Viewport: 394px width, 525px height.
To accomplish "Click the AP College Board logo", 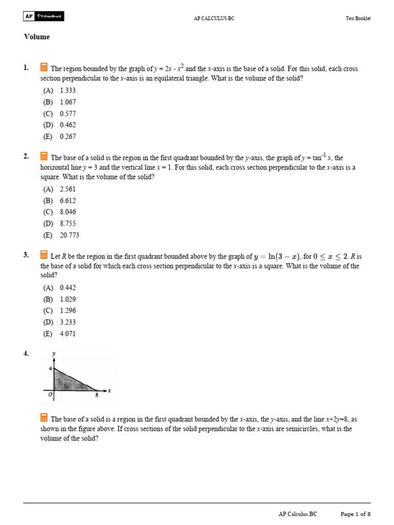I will tap(44, 16).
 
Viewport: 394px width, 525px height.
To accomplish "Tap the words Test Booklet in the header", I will tap(358, 18).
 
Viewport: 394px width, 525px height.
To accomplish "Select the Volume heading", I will tap(36, 37).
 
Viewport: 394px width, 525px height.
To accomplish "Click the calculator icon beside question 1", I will tap(44, 67).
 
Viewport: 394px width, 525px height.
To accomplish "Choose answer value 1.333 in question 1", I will tap(68, 90).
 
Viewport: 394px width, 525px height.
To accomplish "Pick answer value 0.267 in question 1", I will tap(68, 136).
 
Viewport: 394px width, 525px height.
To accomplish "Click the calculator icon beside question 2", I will tap(44, 156).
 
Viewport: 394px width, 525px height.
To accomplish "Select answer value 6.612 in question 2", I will tap(68, 200).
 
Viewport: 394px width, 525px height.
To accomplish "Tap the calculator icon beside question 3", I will tap(44, 255).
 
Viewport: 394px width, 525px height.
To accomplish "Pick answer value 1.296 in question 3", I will tap(68, 311).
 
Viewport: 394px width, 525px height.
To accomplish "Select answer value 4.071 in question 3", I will tap(68, 334).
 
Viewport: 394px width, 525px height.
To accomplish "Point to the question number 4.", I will tap(26, 353).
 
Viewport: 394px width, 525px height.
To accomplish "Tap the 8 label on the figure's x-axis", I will tap(96, 395).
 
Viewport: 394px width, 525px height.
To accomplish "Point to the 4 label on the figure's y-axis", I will tap(50, 369).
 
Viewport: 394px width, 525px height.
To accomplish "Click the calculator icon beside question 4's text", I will tap(44, 417).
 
